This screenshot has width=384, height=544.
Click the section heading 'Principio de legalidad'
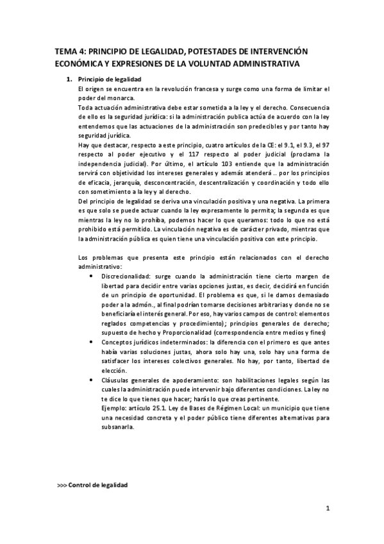tap(104, 79)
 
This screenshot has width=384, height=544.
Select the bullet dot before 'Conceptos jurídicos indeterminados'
tap(96, 343)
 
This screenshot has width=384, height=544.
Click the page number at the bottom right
tap(327, 509)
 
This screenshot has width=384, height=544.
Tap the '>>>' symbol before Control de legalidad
tap(62, 485)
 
